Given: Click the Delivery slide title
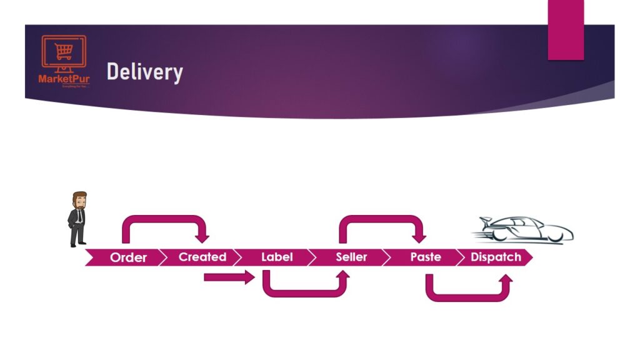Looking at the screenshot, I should coord(144,72).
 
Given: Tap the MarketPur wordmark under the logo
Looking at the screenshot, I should coord(64,79).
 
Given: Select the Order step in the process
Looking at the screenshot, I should coord(128,257).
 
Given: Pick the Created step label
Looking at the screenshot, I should coord(202,257).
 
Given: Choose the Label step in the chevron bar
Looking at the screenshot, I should coord(277,257).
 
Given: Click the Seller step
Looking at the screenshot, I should coord(351,257).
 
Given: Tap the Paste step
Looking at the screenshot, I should coord(426,257).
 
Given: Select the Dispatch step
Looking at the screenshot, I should coord(496,257).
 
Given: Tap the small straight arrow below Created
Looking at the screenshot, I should coord(229,277).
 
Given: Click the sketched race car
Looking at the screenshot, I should coord(525,230).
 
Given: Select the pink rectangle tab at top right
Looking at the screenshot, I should coord(566,29).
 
